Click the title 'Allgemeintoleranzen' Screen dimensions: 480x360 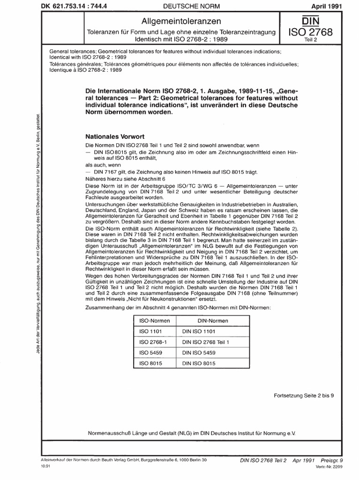181,21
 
